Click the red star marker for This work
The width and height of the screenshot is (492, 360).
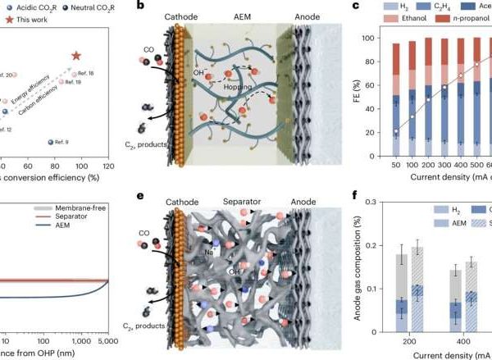76,56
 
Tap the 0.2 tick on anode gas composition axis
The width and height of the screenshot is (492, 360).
375,244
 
